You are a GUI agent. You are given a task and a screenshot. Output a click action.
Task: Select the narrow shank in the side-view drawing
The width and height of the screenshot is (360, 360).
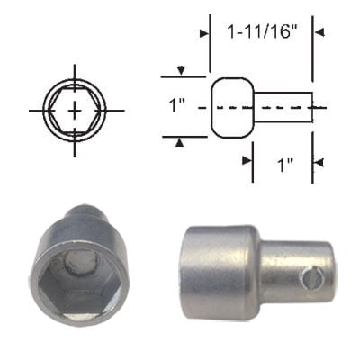283,108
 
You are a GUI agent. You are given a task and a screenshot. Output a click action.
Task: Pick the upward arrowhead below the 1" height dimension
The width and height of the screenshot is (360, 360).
184,141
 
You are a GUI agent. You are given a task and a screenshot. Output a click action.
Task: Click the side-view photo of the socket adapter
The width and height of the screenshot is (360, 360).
256,270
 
